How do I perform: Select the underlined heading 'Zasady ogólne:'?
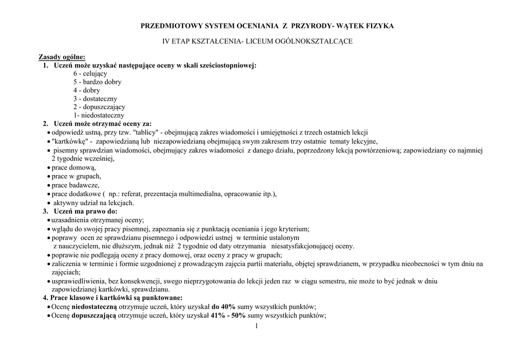click(x=62, y=57)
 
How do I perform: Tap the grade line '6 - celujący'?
click(x=90, y=73)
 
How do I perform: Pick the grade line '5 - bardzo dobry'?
click(x=97, y=82)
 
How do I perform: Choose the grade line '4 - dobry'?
click(x=87, y=90)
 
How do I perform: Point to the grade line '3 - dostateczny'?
click(x=95, y=99)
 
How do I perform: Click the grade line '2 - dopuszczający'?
click(x=99, y=107)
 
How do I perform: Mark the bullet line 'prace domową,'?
click(x=74, y=168)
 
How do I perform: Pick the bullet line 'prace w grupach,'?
click(x=76, y=176)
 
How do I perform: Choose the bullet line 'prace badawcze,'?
click(x=75, y=185)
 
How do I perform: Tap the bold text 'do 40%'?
click(x=223, y=306)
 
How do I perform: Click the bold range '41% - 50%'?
click(x=228, y=315)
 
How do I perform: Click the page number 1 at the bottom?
click(x=256, y=326)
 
